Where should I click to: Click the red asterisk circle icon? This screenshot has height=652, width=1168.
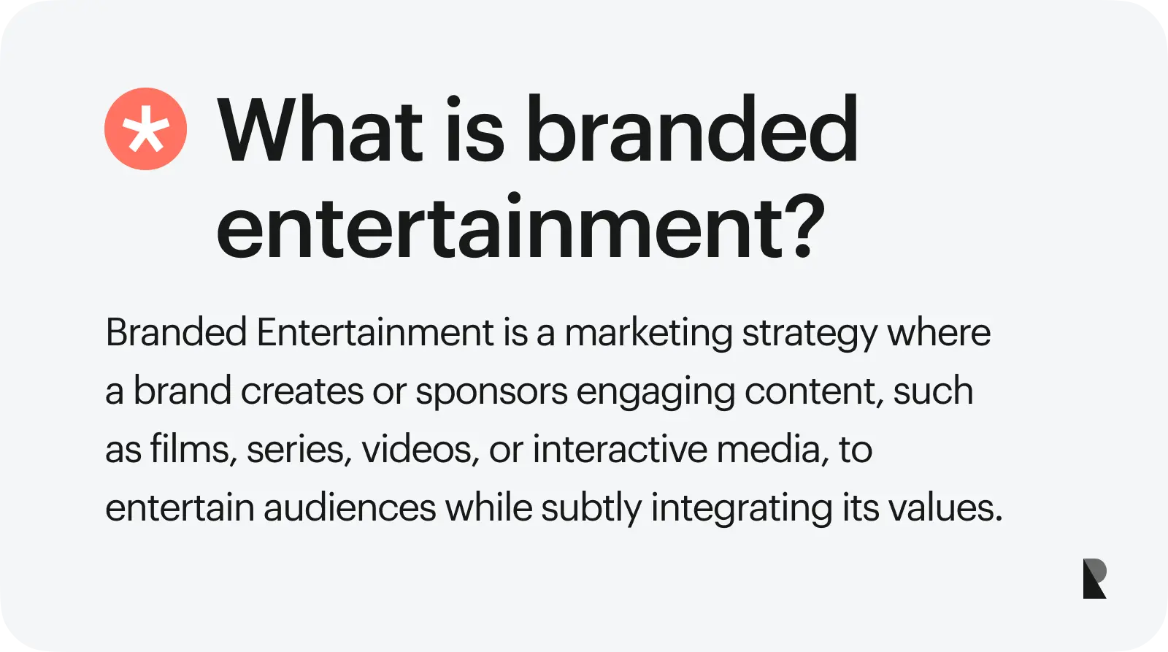[145, 129]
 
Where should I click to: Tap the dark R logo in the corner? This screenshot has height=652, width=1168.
[1094, 578]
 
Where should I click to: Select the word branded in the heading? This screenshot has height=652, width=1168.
[691, 130]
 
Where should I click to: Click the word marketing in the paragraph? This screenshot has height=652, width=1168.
[648, 333]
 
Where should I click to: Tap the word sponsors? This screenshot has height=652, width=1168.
[491, 392]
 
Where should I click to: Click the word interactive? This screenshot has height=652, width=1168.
[620, 449]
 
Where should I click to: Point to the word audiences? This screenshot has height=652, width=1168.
[350, 508]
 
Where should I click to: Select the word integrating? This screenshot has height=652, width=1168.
[741, 509]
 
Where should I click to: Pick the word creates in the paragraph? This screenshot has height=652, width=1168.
[301, 392]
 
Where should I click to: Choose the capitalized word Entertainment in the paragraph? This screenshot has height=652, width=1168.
[375, 333]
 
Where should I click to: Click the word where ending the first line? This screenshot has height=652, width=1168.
[939, 333]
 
